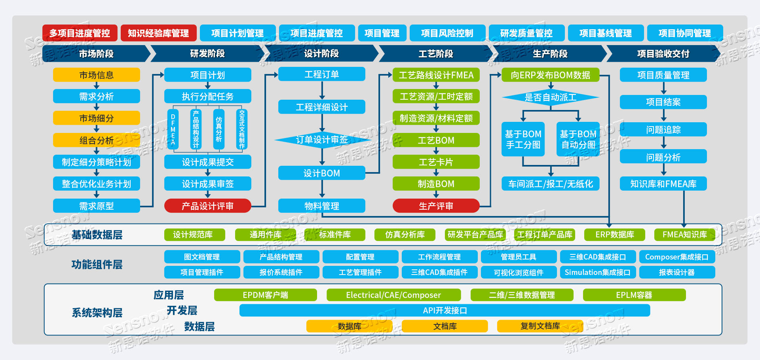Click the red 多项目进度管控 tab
tap(80, 33)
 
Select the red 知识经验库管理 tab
tap(158, 33)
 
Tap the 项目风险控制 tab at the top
tap(447, 33)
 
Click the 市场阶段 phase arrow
tap(96, 54)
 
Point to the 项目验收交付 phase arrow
tap(663, 54)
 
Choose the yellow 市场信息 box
tap(97, 75)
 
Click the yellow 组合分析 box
tap(97, 140)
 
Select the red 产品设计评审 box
tap(207, 206)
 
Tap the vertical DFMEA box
tap(173, 129)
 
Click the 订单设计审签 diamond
tap(322, 140)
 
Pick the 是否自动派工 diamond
tap(550, 97)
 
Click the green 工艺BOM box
tap(436, 140)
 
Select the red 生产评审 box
tap(436, 206)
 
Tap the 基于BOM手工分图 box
tap(523, 139)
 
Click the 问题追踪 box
tap(663, 129)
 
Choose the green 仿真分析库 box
tap(405, 235)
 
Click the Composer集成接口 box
tap(676, 257)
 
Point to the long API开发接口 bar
tap(445, 311)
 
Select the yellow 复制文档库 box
tap(540, 326)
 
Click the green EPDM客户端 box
tap(265, 295)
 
